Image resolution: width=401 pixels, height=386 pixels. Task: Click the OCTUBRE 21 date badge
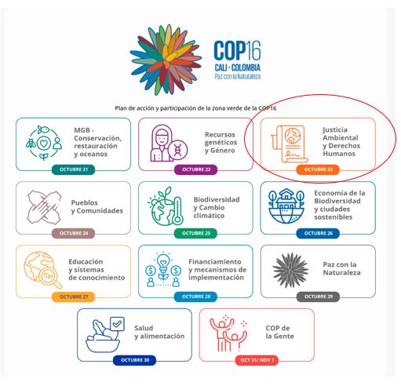[74, 169]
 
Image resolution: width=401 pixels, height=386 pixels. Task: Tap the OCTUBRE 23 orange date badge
[318, 169]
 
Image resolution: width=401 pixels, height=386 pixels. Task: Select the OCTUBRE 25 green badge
[196, 233]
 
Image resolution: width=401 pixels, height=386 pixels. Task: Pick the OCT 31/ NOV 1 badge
[257, 360]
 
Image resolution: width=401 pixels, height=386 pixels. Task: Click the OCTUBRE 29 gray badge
[318, 297]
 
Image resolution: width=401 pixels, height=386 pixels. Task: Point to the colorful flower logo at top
[166, 60]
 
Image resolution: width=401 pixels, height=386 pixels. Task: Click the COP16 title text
[237, 50]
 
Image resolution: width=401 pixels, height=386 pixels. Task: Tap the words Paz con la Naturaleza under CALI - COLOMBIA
[238, 76]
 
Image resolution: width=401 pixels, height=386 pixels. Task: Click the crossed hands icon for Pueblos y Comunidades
[44, 207]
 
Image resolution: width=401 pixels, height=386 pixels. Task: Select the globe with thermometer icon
[166, 206]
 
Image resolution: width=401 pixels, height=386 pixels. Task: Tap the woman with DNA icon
[169, 143]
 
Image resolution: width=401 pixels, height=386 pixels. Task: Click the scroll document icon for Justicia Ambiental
[290, 144]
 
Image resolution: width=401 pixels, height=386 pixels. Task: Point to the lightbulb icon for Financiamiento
[163, 270]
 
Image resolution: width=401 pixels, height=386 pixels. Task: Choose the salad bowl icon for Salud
[104, 335]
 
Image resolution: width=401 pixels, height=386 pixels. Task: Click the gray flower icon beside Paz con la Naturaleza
[290, 270]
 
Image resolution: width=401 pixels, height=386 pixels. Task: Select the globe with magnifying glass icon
[42, 270]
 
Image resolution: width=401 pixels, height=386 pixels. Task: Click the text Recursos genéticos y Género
[221, 143]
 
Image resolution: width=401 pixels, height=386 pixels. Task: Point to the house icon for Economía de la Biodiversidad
[286, 206]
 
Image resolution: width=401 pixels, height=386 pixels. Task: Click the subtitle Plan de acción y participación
[195, 108]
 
